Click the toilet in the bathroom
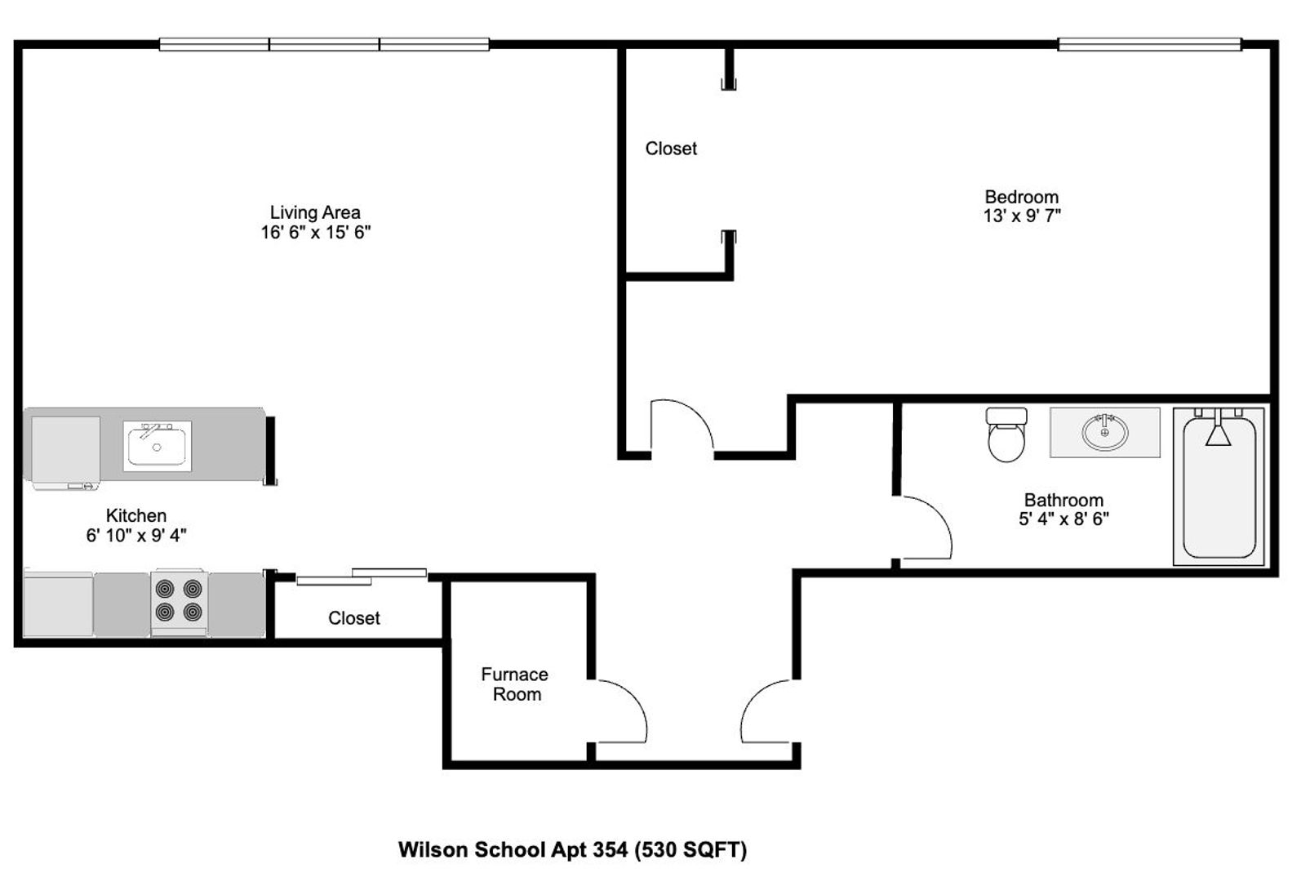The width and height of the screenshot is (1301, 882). click(x=1006, y=434)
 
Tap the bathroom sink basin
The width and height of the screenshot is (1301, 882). click(x=1104, y=432)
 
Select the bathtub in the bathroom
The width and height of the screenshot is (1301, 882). click(x=1219, y=486)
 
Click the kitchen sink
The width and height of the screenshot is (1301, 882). click(x=157, y=446)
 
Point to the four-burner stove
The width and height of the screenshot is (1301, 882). click(x=179, y=602)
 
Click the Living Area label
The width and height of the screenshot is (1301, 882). click(x=315, y=212)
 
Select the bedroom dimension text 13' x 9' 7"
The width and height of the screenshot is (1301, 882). click(x=1022, y=216)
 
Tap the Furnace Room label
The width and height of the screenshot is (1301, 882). click(x=515, y=684)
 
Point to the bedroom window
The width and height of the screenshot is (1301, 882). click(x=1149, y=44)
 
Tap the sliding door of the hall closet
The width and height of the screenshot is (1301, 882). click(x=362, y=577)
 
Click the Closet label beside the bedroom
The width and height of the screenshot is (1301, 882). click(x=671, y=149)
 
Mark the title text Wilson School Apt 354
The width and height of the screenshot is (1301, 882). click(x=513, y=849)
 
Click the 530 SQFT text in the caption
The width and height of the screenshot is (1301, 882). click(x=690, y=850)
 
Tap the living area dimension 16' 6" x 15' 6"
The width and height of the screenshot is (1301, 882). click(x=315, y=233)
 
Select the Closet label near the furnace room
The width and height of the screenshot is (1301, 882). click(x=353, y=618)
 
